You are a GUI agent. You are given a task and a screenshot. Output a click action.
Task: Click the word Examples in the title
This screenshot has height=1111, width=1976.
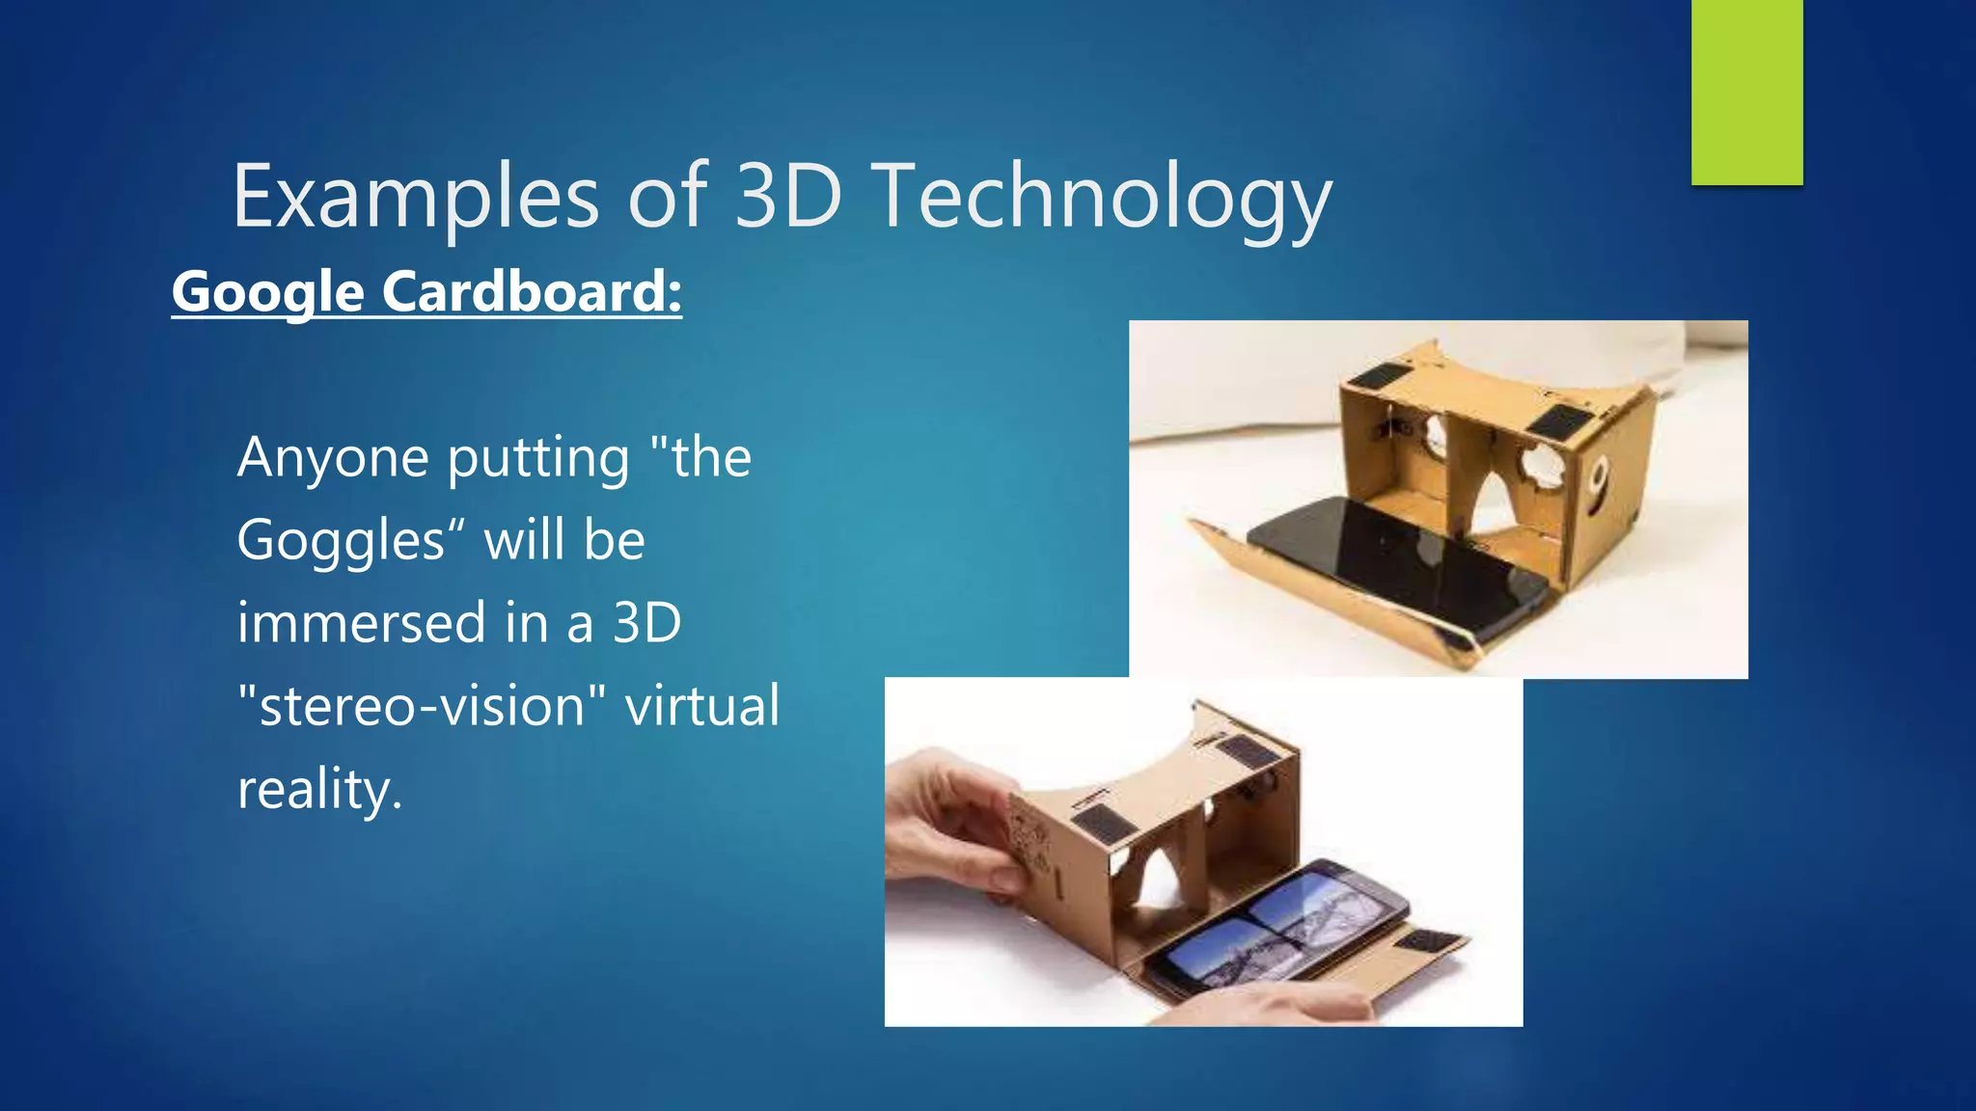(415, 198)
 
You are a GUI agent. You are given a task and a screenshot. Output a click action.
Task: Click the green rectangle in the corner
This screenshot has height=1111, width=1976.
(1746, 92)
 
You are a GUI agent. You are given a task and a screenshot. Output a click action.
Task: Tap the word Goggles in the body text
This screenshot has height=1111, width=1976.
(340, 540)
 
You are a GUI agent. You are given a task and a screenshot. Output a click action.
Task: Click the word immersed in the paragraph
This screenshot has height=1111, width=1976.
(362, 623)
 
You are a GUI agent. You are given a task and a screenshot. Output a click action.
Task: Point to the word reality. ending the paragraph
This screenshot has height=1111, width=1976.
(318, 789)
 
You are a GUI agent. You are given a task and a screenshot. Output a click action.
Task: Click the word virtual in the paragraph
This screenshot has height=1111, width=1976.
(702, 706)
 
